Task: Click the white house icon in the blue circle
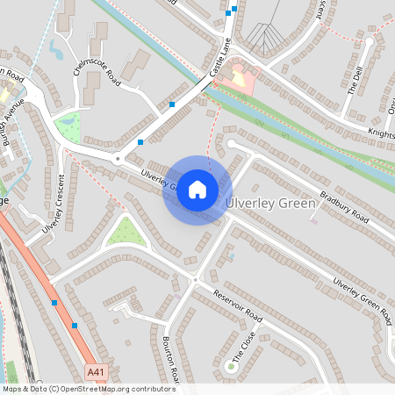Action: pyautogui.click(x=197, y=190)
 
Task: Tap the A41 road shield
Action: pyautogui.click(x=98, y=373)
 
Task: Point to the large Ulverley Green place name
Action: pyautogui.click(x=270, y=203)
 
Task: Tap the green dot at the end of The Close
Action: pyautogui.click(x=231, y=366)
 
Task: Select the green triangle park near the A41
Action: pyautogui.click(x=126, y=232)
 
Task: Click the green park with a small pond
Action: pyautogui.click(x=67, y=126)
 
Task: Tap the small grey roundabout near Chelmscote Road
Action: pyautogui.click(x=117, y=159)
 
